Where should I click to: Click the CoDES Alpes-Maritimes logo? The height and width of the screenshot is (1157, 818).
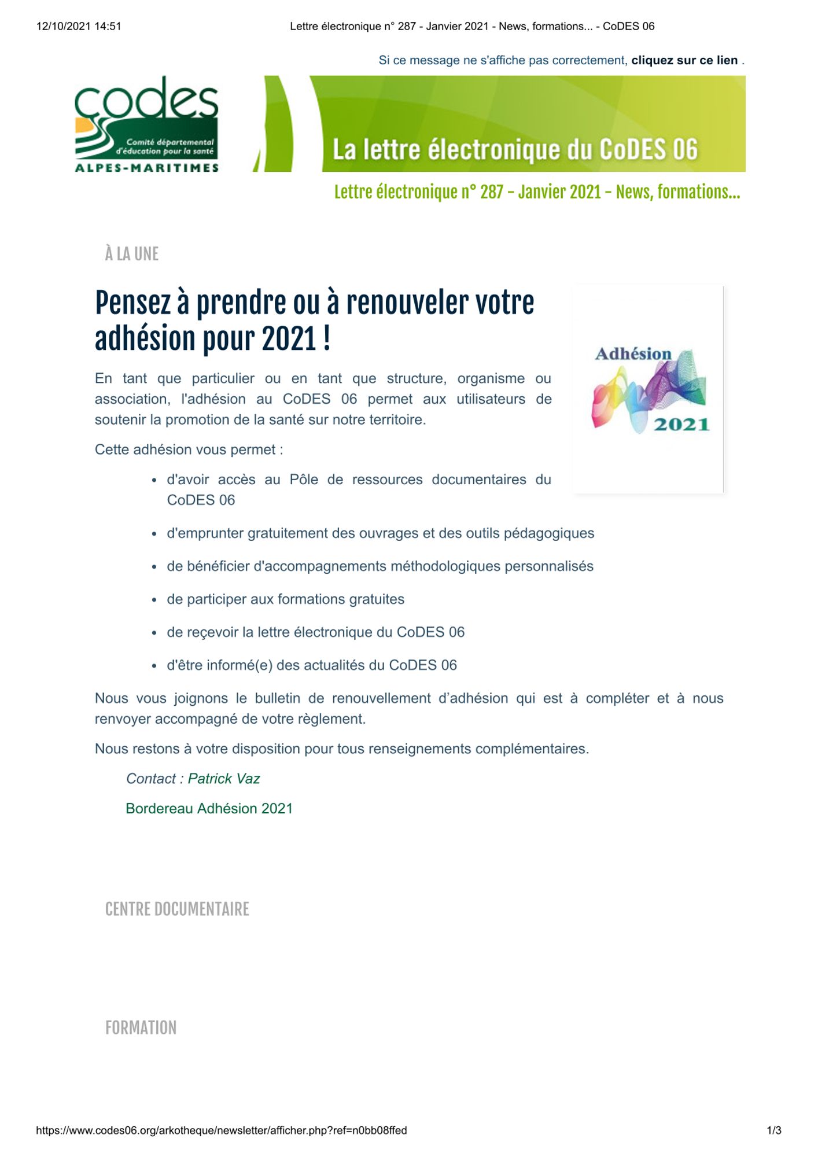tap(147, 124)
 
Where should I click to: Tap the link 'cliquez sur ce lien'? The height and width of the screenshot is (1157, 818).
tap(684, 60)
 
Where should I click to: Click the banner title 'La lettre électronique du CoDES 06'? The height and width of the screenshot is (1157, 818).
tap(515, 149)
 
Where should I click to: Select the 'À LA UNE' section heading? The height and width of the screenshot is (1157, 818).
tap(132, 254)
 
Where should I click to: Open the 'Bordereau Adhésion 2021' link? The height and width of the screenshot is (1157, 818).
tap(209, 808)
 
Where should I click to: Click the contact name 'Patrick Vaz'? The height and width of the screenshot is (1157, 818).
tap(224, 779)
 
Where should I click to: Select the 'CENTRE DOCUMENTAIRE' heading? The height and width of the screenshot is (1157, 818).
tap(177, 909)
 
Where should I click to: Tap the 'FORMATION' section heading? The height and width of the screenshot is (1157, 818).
tap(141, 1028)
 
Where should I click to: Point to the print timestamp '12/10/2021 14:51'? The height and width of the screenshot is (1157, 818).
tap(79, 26)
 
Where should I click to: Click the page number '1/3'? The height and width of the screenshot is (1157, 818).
tap(773, 1130)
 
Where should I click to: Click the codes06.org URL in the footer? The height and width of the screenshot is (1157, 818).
tap(222, 1130)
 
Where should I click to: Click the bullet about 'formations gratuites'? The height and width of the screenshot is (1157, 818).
tap(286, 599)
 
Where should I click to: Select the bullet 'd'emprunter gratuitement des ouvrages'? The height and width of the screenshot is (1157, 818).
tap(380, 533)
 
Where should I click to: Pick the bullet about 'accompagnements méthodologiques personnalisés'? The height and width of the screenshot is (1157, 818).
tap(380, 566)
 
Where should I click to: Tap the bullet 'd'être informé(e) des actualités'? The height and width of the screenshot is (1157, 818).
tap(312, 665)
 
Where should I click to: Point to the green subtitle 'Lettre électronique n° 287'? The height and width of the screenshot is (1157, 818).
tap(537, 192)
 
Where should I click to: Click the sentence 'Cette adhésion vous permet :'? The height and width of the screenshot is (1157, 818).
tap(189, 449)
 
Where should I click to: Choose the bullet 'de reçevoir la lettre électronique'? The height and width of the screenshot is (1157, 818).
tap(316, 632)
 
